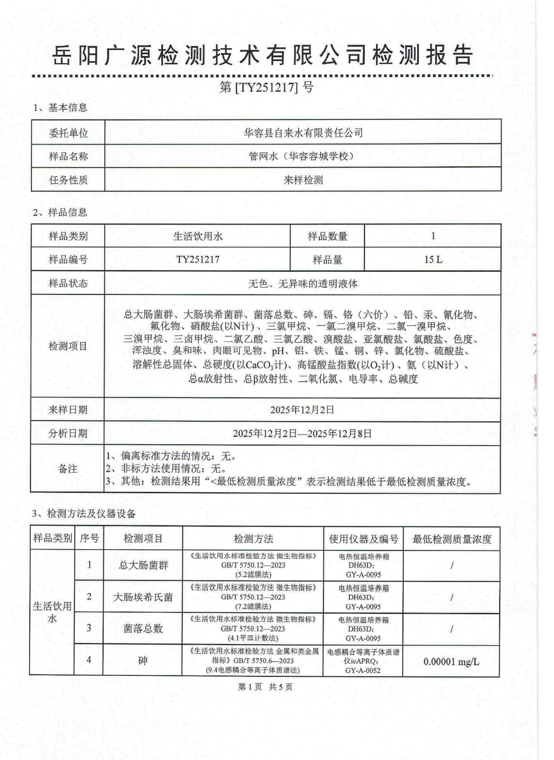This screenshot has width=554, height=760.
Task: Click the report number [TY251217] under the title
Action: (266, 87)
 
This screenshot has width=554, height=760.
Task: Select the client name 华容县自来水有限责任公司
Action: (303, 132)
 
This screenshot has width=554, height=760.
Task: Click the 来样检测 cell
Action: (303, 180)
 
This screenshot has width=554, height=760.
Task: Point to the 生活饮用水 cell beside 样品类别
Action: (198, 236)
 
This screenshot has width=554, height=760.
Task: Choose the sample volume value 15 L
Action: (433, 259)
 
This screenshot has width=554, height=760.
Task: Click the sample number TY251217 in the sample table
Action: (198, 259)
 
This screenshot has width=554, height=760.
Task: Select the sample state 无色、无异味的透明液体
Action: (303, 283)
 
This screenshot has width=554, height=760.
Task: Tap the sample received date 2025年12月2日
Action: (303, 410)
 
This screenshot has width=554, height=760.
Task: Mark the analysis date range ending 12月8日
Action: (303, 433)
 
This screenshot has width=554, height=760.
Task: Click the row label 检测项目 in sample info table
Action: (68, 346)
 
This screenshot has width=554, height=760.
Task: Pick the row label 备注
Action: (68, 469)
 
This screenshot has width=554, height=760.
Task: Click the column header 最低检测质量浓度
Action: (452, 539)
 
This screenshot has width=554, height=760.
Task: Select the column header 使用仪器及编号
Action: (363, 539)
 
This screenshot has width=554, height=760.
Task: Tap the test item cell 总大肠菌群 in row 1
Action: (143, 565)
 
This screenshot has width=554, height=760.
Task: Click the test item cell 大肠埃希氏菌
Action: (143, 597)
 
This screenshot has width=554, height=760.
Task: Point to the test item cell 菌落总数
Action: (143, 629)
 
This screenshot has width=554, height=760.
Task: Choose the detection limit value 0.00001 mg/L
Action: (452, 661)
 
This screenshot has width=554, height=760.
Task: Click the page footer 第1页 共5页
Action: (265, 687)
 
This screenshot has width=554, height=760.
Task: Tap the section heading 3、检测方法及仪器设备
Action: (84, 514)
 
